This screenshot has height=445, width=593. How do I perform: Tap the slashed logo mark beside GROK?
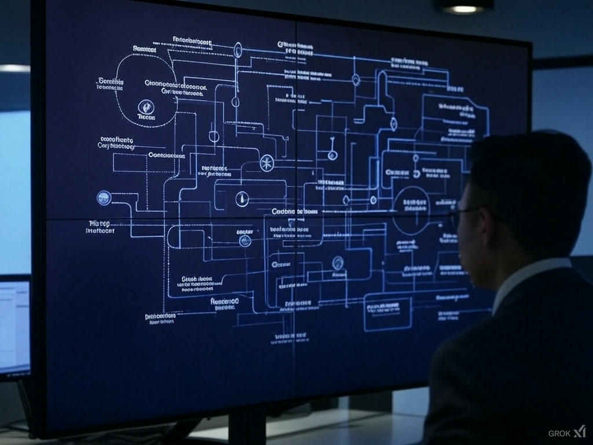(580, 432)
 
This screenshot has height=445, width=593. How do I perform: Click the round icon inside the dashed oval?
(146, 106)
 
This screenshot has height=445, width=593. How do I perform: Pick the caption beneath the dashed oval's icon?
(147, 117)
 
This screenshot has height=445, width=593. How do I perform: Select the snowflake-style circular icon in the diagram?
(266, 163)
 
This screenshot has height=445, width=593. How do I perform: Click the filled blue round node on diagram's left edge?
(104, 198)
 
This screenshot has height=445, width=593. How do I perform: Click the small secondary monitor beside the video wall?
(14, 327)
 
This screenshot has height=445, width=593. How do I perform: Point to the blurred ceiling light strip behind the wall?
(14, 68)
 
